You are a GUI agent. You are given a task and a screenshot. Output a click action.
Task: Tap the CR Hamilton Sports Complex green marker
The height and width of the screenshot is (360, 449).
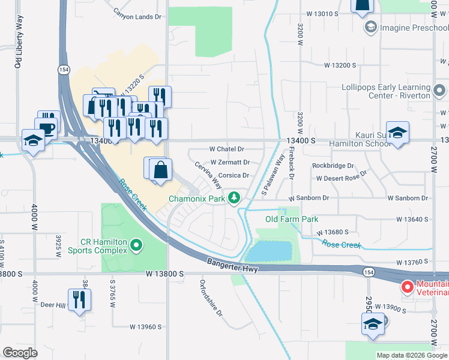(x=136, y=244)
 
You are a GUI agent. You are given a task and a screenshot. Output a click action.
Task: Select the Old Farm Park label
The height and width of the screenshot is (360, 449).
(x=292, y=219)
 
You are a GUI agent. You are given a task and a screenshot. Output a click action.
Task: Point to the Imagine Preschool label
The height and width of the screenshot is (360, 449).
(x=406, y=28)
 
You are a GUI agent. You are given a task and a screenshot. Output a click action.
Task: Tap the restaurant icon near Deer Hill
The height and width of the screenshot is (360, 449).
(x=79, y=299)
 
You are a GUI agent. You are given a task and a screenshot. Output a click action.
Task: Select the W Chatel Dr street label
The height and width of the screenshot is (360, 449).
(x=227, y=149)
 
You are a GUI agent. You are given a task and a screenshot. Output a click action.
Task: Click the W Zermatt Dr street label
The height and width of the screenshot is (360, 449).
(x=230, y=162)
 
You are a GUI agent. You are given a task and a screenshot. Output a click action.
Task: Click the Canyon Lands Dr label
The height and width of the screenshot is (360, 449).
(x=139, y=17)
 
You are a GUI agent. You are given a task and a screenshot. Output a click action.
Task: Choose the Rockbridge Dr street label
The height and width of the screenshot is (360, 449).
(x=333, y=166)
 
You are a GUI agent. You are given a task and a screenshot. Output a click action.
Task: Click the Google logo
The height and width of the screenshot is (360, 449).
(x=20, y=353)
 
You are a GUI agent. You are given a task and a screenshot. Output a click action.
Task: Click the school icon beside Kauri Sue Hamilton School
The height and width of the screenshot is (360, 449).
(x=397, y=133)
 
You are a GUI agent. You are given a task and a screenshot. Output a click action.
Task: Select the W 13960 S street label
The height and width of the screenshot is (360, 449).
(x=146, y=327)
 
